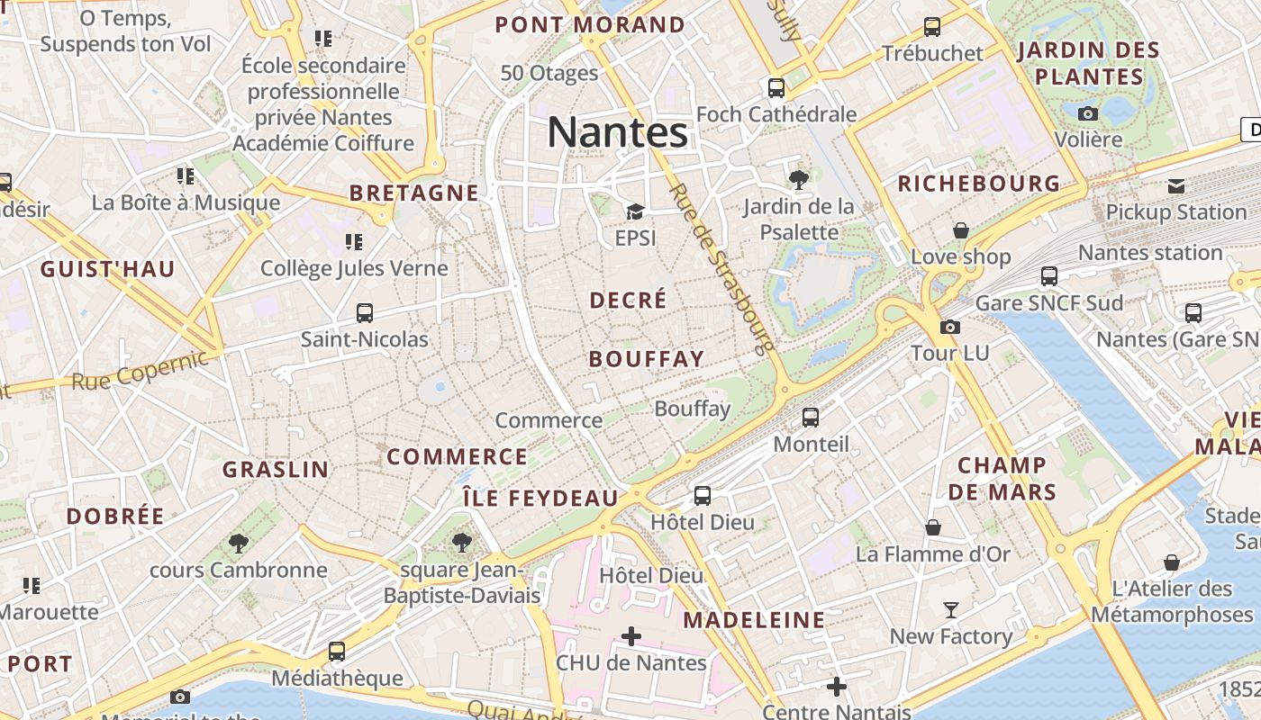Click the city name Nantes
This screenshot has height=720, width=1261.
(x=618, y=133)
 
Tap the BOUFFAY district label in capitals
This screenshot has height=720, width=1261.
(x=646, y=359)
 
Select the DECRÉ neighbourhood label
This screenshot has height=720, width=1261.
(x=628, y=300)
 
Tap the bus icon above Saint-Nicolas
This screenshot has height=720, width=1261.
(x=365, y=313)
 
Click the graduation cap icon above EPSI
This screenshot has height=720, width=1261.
(x=635, y=212)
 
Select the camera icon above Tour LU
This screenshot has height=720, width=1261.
(x=950, y=327)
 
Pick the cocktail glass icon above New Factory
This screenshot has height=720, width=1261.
(x=950, y=610)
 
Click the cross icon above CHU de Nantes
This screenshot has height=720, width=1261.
(x=631, y=636)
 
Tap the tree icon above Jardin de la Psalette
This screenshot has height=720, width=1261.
(x=798, y=179)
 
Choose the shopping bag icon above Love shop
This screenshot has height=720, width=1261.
(x=961, y=230)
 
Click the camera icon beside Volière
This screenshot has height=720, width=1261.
(x=1088, y=113)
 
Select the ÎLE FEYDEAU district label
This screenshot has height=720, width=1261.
(x=540, y=498)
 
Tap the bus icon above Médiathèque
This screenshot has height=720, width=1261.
(x=337, y=651)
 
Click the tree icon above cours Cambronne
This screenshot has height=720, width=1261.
(x=239, y=543)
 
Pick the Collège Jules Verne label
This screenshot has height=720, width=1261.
(x=354, y=268)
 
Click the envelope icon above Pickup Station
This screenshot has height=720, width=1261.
(x=1176, y=185)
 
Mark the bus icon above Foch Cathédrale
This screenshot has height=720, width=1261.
(x=776, y=88)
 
